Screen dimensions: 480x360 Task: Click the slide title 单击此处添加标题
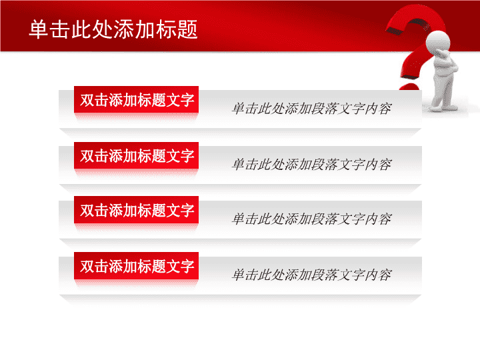(113, 29)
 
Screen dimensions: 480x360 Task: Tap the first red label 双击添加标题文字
(136, 99)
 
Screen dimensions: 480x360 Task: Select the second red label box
(136, 155)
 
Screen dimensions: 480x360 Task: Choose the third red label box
(136, 210)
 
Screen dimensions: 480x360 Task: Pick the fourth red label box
(136, 266)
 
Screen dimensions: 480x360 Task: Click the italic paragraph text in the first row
(311, 109)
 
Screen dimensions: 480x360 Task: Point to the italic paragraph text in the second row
(311, 165)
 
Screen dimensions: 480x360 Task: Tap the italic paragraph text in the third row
(311, 219)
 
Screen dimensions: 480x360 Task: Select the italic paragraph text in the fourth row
(311, 275)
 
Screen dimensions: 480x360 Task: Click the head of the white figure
(438, 41)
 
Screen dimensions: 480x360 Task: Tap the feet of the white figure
(444, 107)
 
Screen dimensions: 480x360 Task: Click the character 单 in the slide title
(39, 30)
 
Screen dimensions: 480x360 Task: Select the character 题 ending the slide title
(187, 30)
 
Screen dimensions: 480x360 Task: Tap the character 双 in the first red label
(87, 100)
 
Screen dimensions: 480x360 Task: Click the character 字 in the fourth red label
(187, 266)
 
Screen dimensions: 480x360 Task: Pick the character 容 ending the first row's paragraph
(385, 109)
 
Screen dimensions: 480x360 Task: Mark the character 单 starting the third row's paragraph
(239, 219)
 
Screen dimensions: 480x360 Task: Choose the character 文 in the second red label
(173, 156)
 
